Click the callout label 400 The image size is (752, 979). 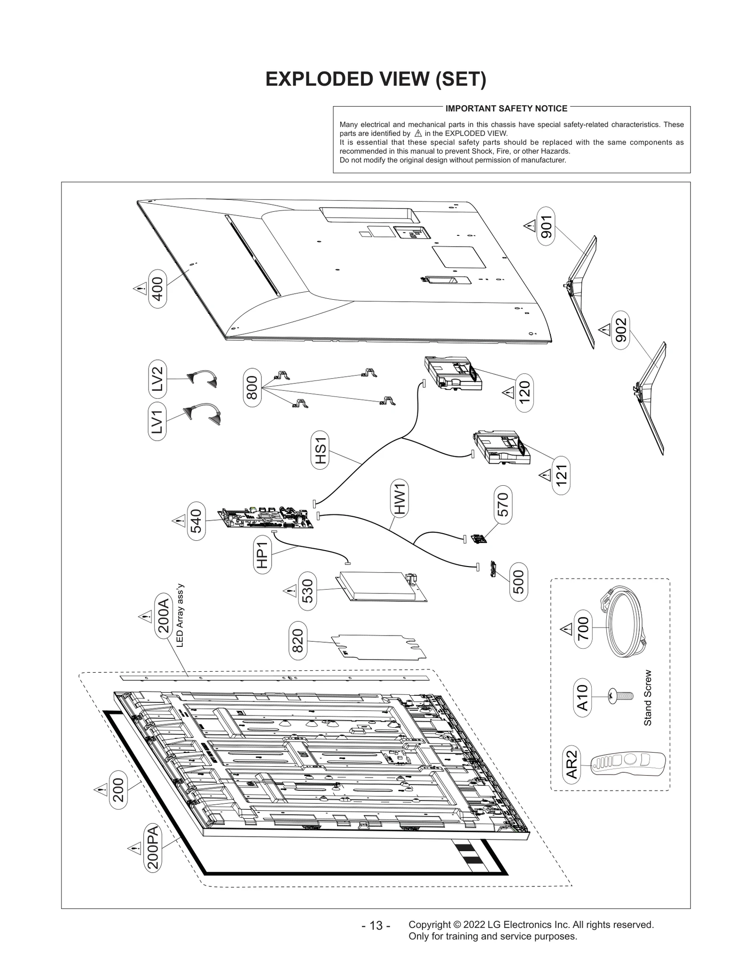pyautogui.click(x=157, y=288)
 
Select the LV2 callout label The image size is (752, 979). pyautogui.click(x=157, y=379)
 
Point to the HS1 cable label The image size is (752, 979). pyautogui.click(x=320, y=451)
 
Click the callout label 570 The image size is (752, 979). pyautogui.click(x=503, y=505)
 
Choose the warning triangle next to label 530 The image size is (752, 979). pyautogui.click(x=290, y=590)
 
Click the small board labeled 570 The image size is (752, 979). pyautogui.click(x=478, y=539)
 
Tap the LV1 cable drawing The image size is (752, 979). pyautogui.click(x=203, y=413)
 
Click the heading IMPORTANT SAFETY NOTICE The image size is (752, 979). pyautogui.click(x=506, y=109)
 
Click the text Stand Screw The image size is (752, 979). pyautogui.click(x=648, y=698)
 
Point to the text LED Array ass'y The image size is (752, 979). pyautogui.click(x=180, y=615)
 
